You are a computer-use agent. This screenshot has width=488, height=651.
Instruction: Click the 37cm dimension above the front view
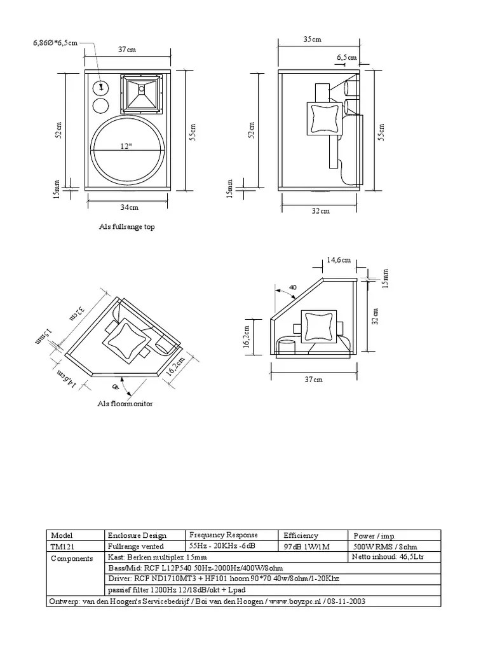click(x=127, y=50)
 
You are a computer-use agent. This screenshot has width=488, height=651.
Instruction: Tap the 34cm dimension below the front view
click(x=130, y=207)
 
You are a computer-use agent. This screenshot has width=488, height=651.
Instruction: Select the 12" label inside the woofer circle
click(x=127, y=146)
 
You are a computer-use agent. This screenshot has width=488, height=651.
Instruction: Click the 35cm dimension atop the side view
click(x=312, y=39)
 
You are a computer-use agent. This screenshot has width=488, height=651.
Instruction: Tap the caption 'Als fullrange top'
click(x=126, y=227)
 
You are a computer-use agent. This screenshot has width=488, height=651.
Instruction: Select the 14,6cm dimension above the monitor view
click(x=339, y=259)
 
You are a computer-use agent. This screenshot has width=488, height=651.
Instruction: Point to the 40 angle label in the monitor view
click(x=292, y=287)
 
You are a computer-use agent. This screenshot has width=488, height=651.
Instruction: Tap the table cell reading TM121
click(x=62, y=547)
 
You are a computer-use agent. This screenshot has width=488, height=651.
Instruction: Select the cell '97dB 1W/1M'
click(x=307, y=547)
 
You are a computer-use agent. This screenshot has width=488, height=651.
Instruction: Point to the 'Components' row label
click(x=72, y=558)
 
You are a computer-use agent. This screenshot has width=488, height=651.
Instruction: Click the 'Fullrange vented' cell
click(x=135, y=547)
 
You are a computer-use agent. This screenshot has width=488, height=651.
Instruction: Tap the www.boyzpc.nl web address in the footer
click(x=291, y=601)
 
